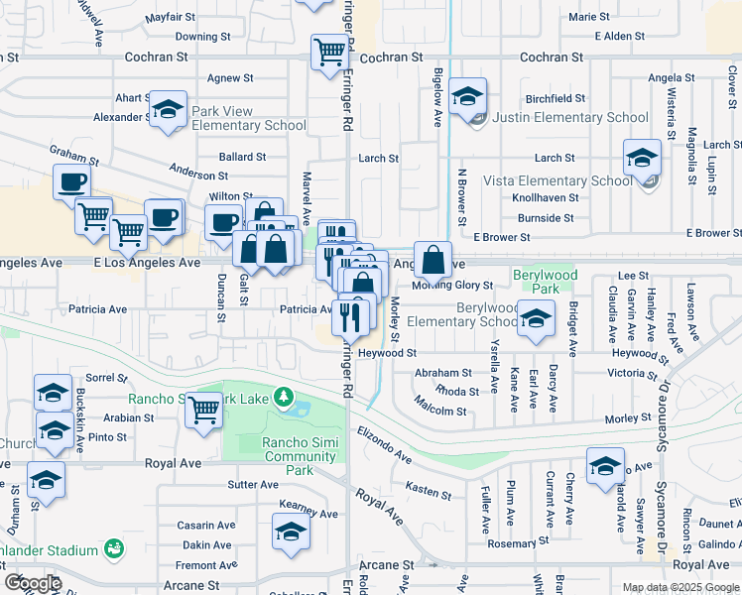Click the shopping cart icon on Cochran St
tap(329, 53)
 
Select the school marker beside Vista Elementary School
tap(642, 159)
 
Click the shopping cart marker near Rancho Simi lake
tap(203, 408)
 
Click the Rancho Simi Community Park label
tap(299, 449)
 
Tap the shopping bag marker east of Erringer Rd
tap(433, 261)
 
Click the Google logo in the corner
tap(33, 583)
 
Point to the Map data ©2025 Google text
tap(680, 587)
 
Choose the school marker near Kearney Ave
tap(289, 534)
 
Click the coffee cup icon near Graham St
tap(72, 182)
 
